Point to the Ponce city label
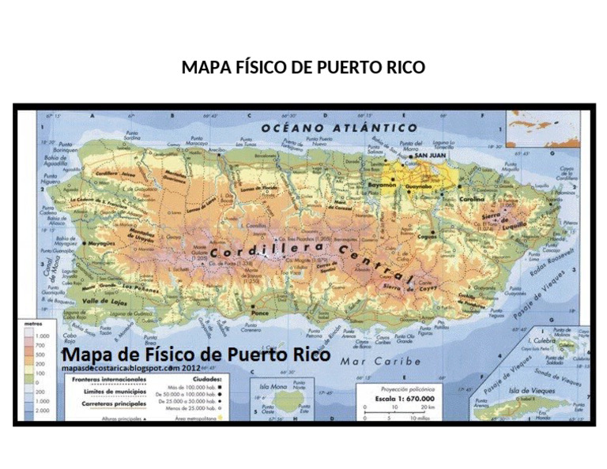[260, 313]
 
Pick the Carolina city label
[473, 199]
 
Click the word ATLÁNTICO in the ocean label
[378, 127]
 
